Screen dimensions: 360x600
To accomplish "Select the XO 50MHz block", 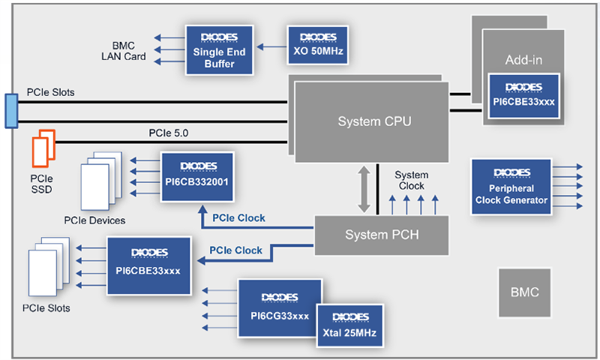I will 317,45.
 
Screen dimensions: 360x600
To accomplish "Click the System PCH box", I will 380,235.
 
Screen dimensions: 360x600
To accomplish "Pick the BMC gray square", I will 524,292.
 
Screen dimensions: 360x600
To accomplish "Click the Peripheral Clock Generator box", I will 511,186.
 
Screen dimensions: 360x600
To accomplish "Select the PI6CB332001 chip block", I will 197,178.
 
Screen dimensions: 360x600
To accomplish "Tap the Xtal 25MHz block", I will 350,325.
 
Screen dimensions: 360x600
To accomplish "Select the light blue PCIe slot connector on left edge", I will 10,110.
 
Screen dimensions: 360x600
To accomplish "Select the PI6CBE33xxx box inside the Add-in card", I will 523,96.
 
